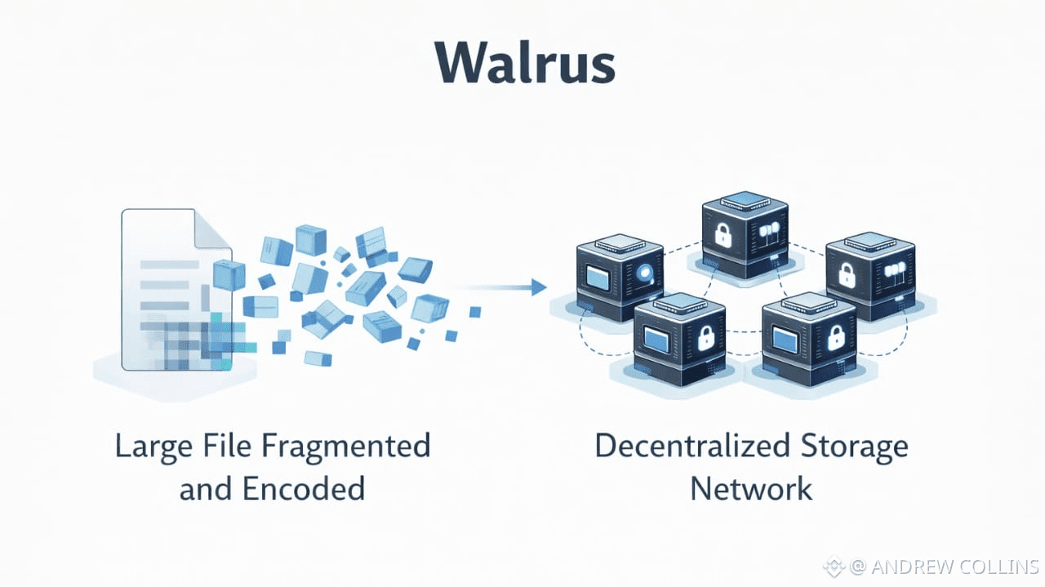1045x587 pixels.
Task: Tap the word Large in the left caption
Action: click(151, 447)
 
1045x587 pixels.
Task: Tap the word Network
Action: click(751, 488)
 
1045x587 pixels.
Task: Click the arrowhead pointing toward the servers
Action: click(538, 287)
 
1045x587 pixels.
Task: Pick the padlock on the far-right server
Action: click(847, 276)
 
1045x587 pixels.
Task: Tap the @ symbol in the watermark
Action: click(856, 567)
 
